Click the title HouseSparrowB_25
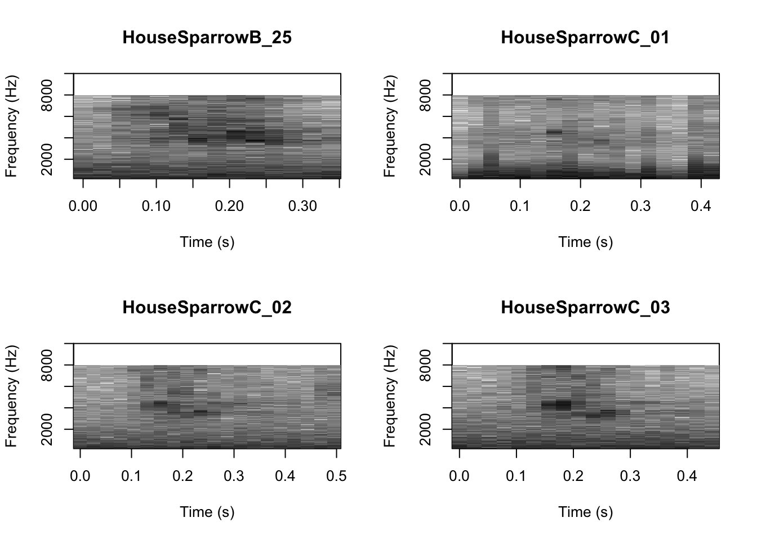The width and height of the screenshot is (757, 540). pyautogui.click(x=207, y=38)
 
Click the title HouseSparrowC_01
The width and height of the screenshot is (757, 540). pyautogui.click(x=585, y=38)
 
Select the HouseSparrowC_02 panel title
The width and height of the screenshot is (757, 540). pyautogui.click(x=207, y=308)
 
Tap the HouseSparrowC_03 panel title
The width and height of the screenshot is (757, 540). pyautogui.click(x=585, y=308)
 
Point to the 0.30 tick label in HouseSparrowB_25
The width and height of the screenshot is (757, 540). pyautogui.click(x=302, y=206)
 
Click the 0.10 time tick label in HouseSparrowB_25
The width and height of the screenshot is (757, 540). pyautogui.click(x=156, y=206)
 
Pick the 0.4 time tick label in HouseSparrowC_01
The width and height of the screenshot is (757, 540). pyautogui.click(x=701, y=206)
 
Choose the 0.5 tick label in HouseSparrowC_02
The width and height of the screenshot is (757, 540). pyautogui.click(x=336, y=476)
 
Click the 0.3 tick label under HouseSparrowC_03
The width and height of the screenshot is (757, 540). pyautogui.click(x=630, y=476)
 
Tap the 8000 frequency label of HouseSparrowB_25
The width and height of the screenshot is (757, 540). pyautogui.click(x=47, y=95)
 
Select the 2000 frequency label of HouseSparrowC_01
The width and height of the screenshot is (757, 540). pyautogui.click(x=425, y=159)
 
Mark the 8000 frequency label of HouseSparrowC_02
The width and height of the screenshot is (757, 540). pyautogui.click(x=47, y=365)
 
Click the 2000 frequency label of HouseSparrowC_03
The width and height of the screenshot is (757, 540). pyautogui.click(x=425, y=429)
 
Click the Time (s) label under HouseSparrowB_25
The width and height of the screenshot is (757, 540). pyautogui.click(x=207, y=242)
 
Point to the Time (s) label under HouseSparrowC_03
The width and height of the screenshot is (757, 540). pyautogui.click(x=585, y=512)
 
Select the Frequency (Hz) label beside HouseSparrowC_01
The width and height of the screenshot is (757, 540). pyautogui.click(x=390, y=126)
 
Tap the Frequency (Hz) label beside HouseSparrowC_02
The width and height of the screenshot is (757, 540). pyautogui.click(x=11, y=396)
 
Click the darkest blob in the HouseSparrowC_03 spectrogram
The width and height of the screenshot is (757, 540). pyautogui.click(x=563, y=404)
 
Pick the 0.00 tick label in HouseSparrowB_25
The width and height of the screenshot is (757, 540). pyautogui.click(x=83, y=206)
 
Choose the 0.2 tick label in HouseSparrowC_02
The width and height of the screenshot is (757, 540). pyautogui.click(x=182, y=476)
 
